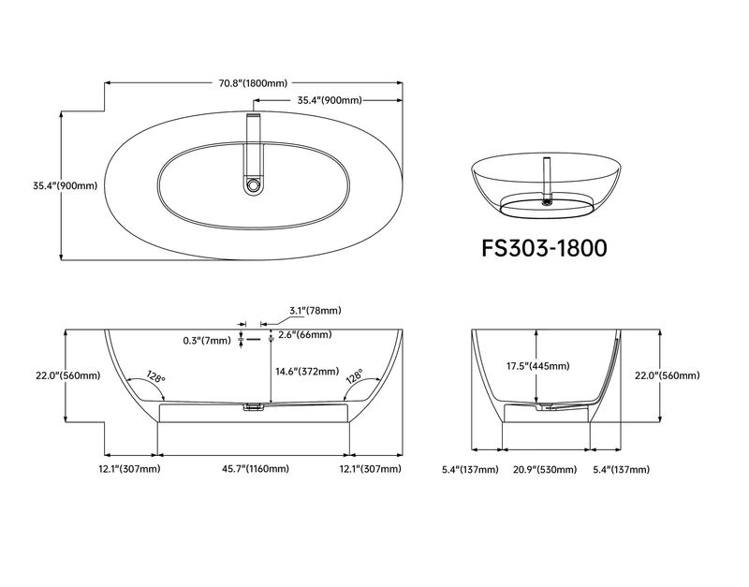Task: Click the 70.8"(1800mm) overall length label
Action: (253, 83)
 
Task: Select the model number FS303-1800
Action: (544, 248)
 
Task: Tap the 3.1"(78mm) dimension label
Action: (316, 311)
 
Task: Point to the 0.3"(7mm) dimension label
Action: (207, 341)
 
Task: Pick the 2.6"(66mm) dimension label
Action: (305, 334)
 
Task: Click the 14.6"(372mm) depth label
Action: (307, 371)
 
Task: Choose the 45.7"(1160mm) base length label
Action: (255, 468)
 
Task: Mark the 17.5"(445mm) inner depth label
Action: (537, 366)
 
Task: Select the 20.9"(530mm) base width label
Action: (545, 469)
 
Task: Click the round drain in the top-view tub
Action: (252, 183)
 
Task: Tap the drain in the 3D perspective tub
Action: (546, 202)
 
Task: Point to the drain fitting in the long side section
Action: (253, 407)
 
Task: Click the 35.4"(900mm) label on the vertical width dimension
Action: (65, 185)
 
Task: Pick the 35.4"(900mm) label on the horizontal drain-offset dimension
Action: (330, 100)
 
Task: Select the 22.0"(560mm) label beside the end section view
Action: (667, 375)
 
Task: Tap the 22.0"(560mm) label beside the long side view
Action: (67, 375)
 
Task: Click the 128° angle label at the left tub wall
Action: (155, 376)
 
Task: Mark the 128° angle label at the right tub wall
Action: (355, 376)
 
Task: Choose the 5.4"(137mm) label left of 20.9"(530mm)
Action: (470, 469)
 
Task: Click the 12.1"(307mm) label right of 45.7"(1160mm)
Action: (370, 468)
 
